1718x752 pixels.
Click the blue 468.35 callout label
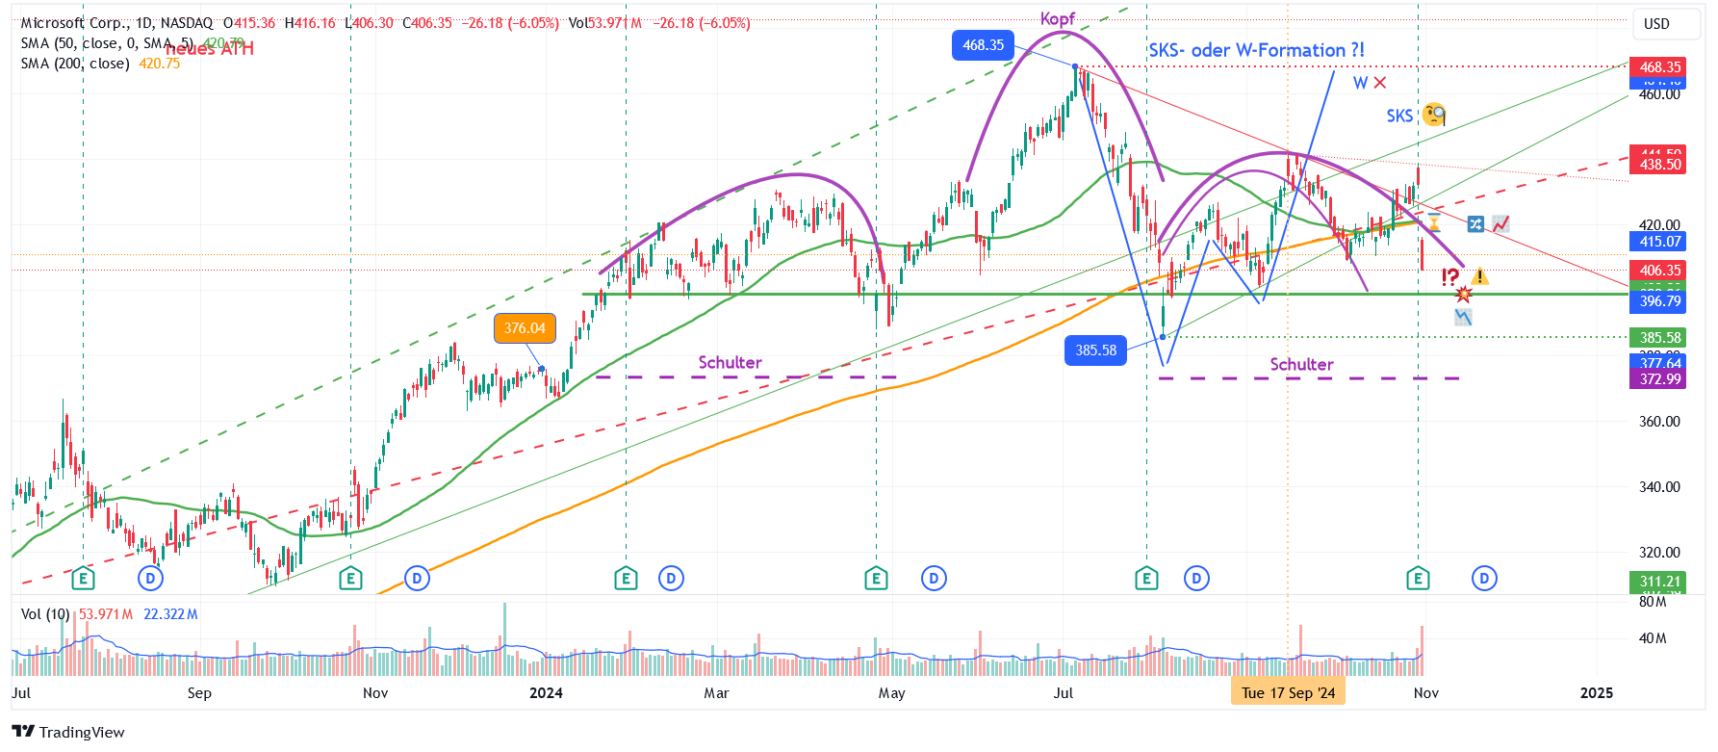983,45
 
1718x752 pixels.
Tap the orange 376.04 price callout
525,328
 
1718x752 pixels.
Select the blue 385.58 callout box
1095,350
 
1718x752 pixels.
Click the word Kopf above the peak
1057,18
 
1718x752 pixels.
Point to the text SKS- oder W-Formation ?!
1256,50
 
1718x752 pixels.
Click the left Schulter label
730,363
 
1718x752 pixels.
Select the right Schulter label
1301,365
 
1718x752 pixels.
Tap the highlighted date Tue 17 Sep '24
1288,693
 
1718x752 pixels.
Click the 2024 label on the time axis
546,693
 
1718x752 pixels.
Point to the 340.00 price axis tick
1659,487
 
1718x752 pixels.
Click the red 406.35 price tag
1659,271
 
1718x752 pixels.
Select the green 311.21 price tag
1659,582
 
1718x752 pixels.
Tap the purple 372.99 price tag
1659,379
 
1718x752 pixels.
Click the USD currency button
1656,24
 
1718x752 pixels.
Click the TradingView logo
68,732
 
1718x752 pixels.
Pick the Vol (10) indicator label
44,614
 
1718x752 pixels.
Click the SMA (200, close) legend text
75,64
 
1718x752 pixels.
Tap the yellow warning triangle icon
1479,277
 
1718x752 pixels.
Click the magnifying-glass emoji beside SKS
1434,115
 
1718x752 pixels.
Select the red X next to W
1380,83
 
